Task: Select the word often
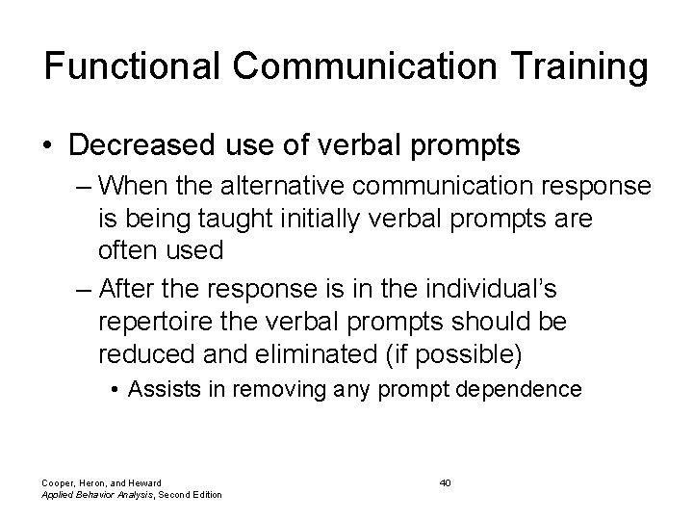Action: point(129,250)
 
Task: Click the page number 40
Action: point(445,481)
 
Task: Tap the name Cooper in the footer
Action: point(58,481)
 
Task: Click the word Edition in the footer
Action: point(203,495)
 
